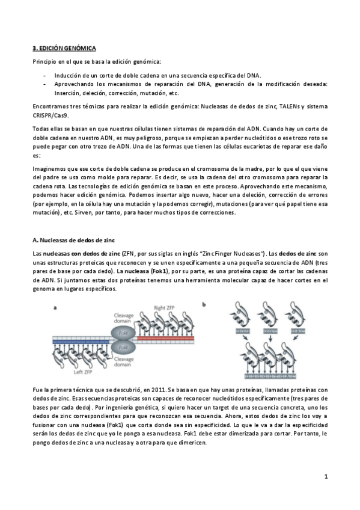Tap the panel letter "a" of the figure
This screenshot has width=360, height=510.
(x=55, y=306)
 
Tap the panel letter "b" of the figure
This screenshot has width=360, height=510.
(x=205, y=306)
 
